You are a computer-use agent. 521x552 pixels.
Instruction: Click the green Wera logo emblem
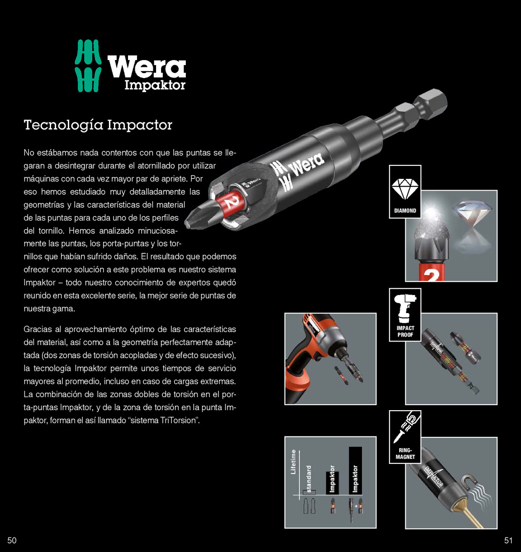88,65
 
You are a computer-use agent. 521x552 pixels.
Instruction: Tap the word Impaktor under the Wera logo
155,85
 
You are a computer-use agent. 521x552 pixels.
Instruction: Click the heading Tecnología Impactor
98,125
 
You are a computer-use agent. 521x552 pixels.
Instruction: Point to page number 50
12,540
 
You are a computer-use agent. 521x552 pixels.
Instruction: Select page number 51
508,540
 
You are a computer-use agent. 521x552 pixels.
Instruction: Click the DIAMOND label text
405,211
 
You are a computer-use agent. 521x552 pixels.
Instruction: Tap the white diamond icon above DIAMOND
405,189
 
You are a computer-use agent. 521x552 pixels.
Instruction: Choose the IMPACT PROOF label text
405,331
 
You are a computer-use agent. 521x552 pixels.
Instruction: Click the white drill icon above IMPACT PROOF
405,308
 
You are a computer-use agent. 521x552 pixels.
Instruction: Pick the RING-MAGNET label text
405,454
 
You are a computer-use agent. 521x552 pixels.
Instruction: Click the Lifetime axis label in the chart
293,462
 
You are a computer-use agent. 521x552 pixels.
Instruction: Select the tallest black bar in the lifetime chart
355,470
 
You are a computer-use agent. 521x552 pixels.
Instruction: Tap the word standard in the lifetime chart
308,479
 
